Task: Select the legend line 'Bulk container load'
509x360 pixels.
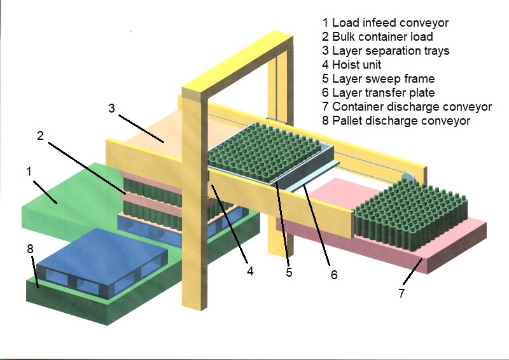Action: pyautogui.click(x=378, y=37)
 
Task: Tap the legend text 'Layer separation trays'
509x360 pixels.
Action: pyautogui.click(x=387, y=51)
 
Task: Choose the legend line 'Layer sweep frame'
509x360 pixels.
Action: pyautogui.click(x=379, y=79)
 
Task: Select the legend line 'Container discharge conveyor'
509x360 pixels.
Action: pyautogui.click(x=407, y=107)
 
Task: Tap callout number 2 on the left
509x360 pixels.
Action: pyautogui.click(x=40, y=136)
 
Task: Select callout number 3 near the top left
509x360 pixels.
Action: pyautogui.click(x=111, y=108)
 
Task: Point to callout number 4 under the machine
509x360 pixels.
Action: pyautogui.click(x=250, y=270)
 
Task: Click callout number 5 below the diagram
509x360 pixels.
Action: pyautogui.click(x=289, y=273)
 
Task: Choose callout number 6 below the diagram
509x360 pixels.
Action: pyautogui.click(x=333, y=275)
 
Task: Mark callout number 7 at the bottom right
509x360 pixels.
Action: pyautogui.click(x=401, y=293)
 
